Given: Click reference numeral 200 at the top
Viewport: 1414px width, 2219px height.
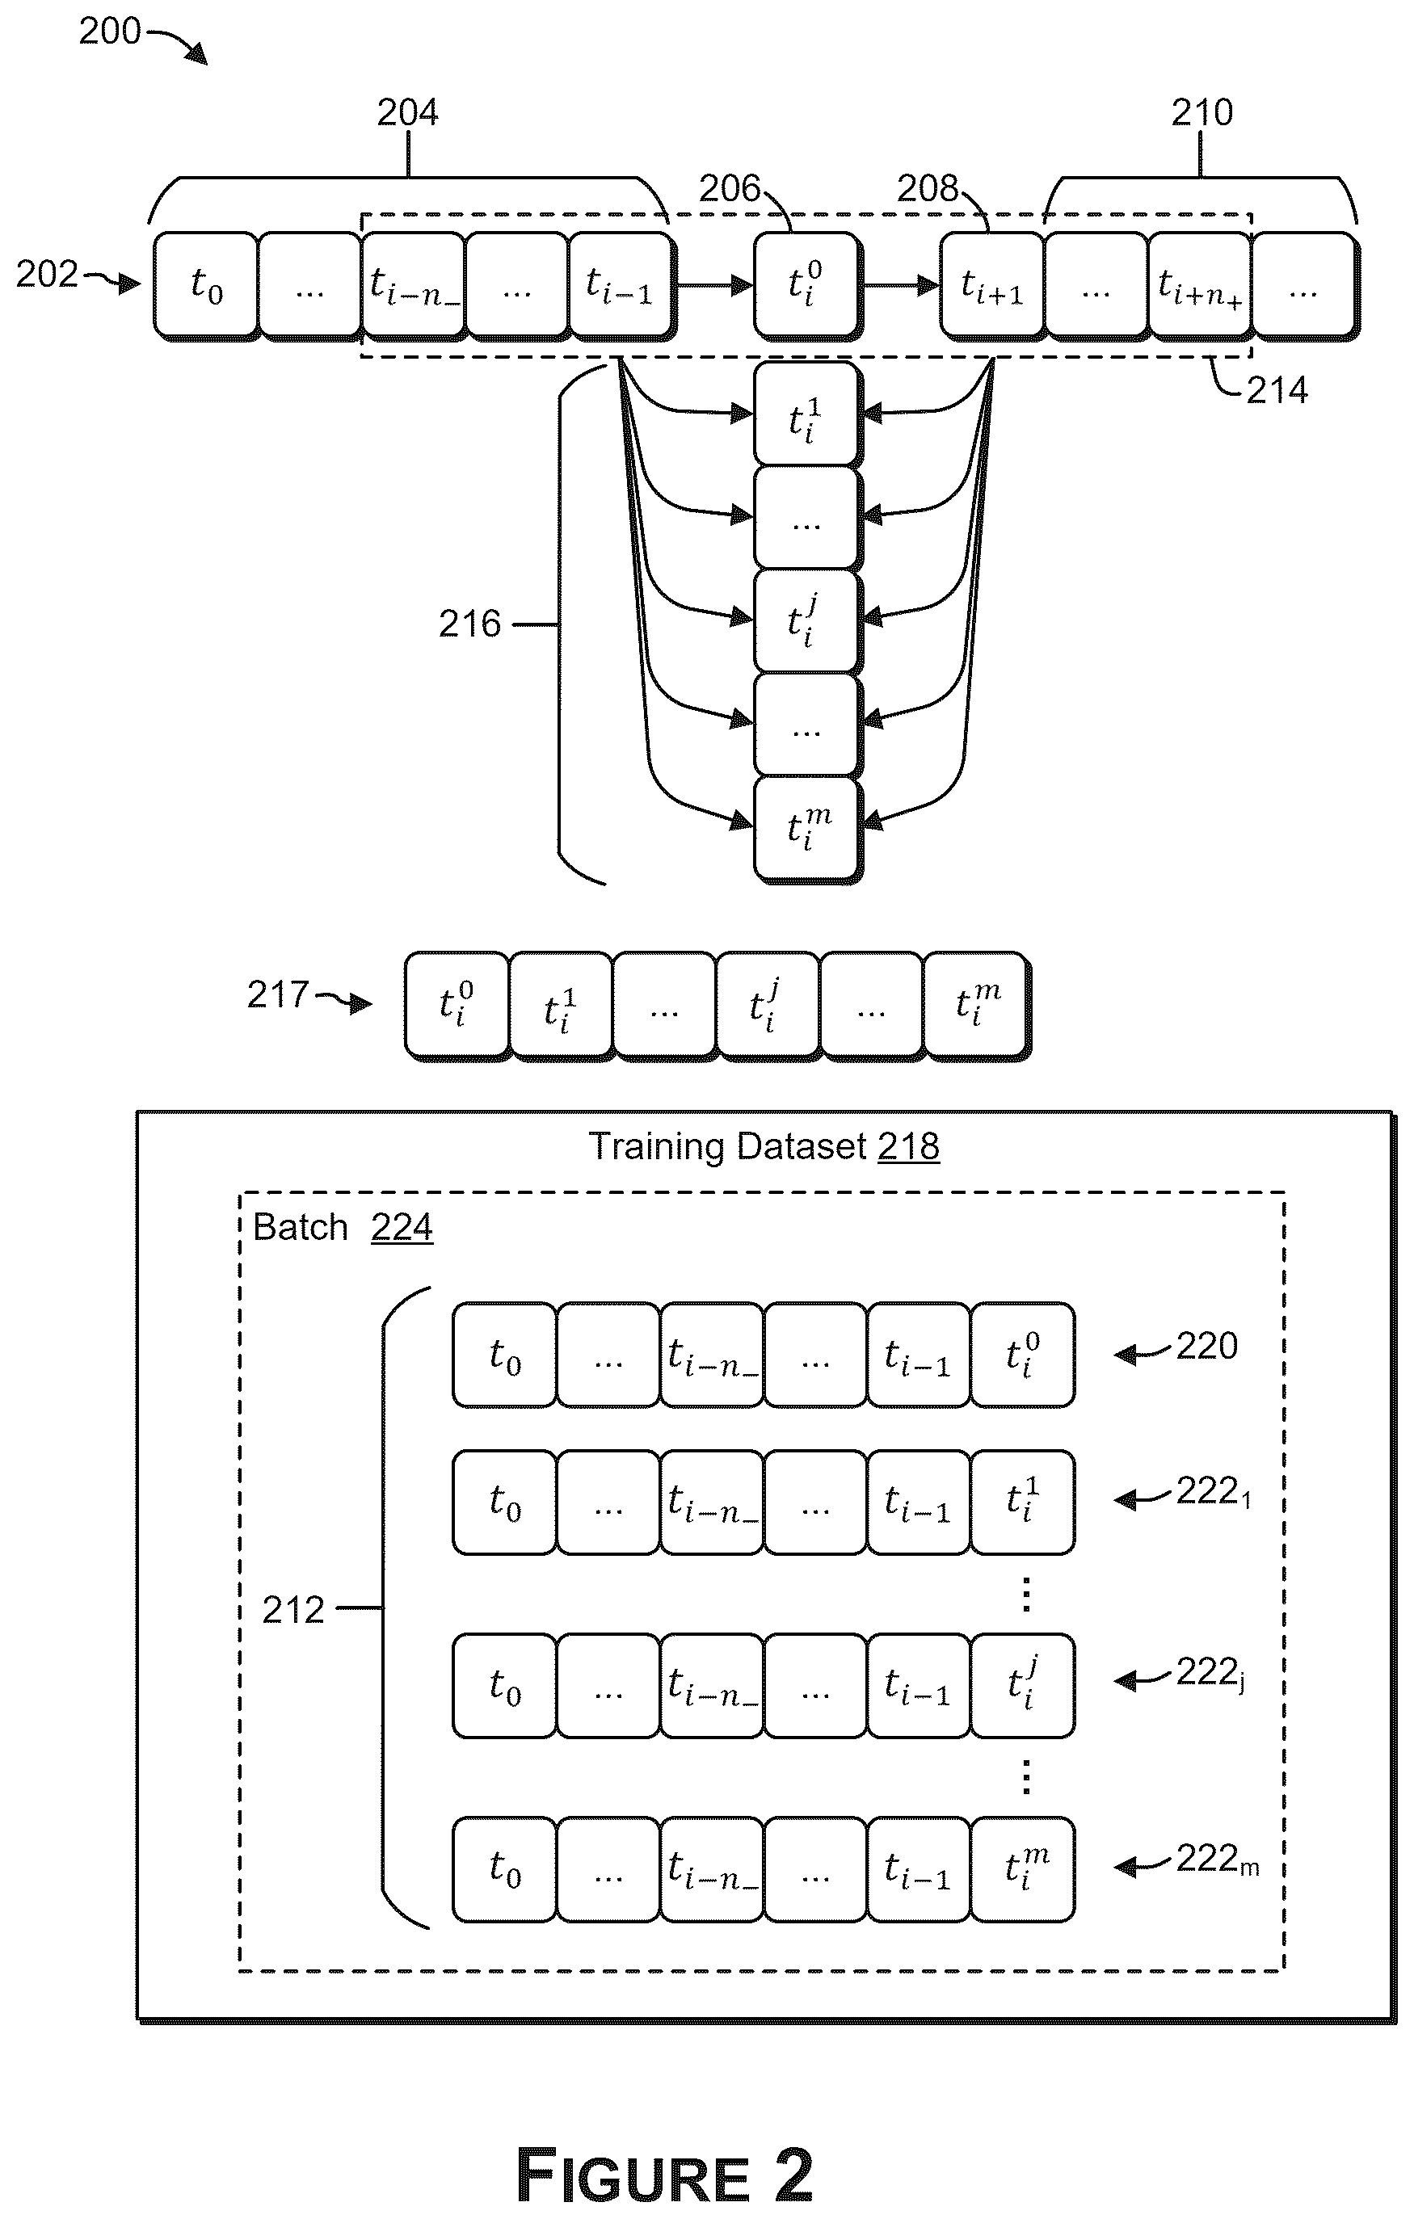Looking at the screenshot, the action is (x=110, y=32).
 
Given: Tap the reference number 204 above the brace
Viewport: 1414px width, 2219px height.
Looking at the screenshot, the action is (x=407, y=112).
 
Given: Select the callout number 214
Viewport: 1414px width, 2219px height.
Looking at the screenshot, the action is (x=1277, y=390).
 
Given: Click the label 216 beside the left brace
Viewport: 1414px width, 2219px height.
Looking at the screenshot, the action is (x=470, y=624).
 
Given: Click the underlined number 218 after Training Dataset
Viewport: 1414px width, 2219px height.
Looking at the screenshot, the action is (x=908, y=1146).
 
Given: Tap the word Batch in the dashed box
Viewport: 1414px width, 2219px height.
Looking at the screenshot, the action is (x=301, y=1228).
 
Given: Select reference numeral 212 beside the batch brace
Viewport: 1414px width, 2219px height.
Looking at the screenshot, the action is (x=293, y=1610).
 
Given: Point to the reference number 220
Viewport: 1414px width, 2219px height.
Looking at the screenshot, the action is (x=1207, y=1346).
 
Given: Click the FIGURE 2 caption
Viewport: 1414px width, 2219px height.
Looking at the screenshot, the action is (x=666, y=2175).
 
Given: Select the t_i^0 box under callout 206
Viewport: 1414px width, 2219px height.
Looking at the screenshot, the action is (x=807, y=285).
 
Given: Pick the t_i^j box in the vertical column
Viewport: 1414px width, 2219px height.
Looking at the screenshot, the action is (x=807, y=621).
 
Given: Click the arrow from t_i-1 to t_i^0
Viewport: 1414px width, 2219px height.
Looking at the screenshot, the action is (x=715, y=285).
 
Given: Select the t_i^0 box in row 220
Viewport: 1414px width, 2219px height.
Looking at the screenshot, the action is (x=1023, y=1355).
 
